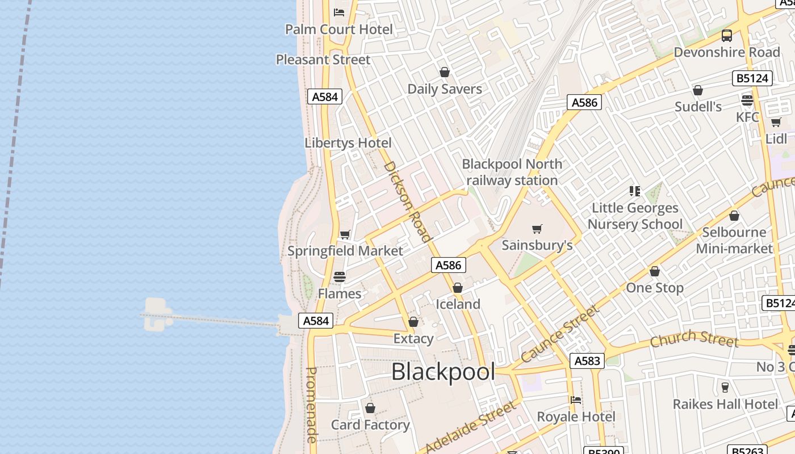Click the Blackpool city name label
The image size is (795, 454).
tap(443, 372)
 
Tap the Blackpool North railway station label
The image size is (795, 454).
tap(512, 172)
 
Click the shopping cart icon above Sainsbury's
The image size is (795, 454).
tap(537, 229)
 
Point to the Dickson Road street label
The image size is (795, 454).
tap(408, 201)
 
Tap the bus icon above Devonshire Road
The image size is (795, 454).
tap(726, 36)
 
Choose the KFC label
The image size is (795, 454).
tap(747, 117)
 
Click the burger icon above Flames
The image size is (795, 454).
tap(340, 277)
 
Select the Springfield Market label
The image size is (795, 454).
tap(345, 251)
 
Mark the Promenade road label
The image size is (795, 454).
tap(311, 404)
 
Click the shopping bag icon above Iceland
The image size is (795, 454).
tap(458, 288)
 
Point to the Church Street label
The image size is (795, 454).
tap(693, 339)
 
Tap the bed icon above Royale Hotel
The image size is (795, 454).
tap(576, 400)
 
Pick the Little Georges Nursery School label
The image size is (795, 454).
tap(635, 216)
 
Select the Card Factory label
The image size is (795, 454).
tap(370, 424)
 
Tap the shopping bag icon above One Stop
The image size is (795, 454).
tap(655, 272)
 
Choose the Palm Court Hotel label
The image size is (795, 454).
tap(339, 30)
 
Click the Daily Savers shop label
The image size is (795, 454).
tap(445, 89)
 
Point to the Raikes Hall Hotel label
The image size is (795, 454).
tap(725, 404)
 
